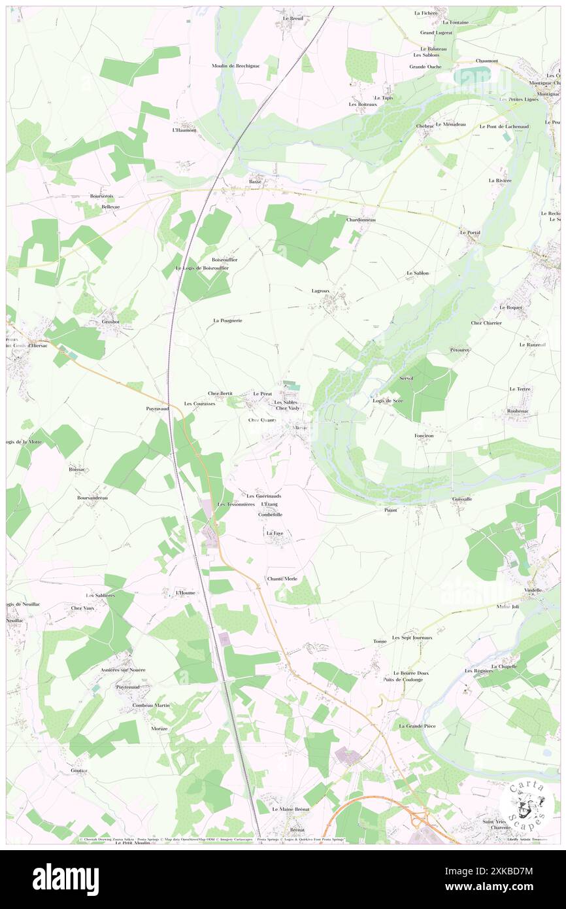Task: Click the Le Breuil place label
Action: click(x=293, y=18)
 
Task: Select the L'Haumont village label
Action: click(x=184, y=130)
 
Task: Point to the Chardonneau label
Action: click(x=361, y=220)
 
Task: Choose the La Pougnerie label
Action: click(x=228, y=320)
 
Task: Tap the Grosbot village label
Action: click(x=106, y=322)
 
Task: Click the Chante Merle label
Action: click(x=282, y=579)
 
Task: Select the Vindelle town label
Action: click(x=533, y=590)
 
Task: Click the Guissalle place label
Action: click(x=462, y=499)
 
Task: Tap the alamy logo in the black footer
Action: click(x=65, y=879)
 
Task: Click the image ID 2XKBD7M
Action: click(x=508, y=870)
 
